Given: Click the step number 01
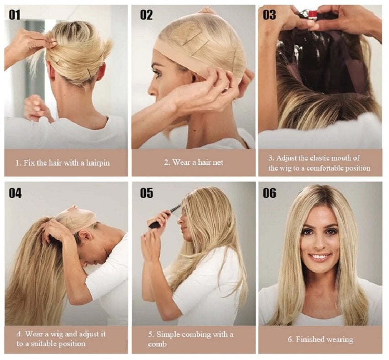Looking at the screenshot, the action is coord(14,15).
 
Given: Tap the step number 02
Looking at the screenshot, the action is coord(146,15).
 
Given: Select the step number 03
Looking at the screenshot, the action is coord(269,15).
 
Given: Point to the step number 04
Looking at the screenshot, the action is coord(15,193).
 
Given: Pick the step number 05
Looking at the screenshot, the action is coord(146,193).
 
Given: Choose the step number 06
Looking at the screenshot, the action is coord(270,193).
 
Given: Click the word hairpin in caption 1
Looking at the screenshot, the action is coord(98,163).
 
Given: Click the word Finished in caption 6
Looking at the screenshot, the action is coord(308,339).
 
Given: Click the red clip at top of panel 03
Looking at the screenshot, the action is coord(313,13).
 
